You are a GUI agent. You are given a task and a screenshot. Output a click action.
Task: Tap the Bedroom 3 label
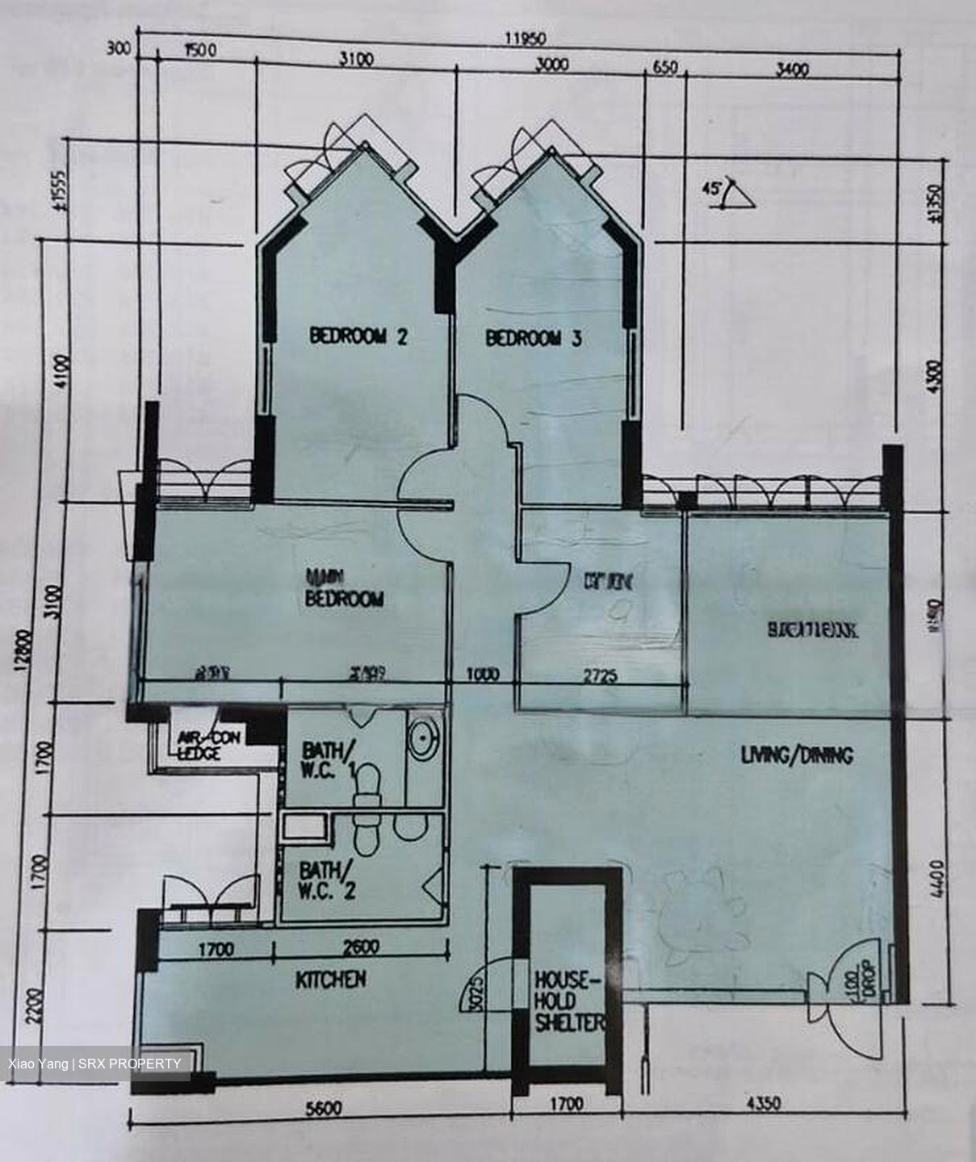tap(533, 337)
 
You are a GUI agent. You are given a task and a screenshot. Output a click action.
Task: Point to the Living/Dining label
tap(797, 756)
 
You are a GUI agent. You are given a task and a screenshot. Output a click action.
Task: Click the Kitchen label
tap(330, 980)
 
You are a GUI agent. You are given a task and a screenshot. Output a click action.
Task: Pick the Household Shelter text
tap(568, 1001)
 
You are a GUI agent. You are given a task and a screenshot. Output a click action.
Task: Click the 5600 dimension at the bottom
tap(322, 1108)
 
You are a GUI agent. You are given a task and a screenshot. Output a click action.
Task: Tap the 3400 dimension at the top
tap(791, 70)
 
